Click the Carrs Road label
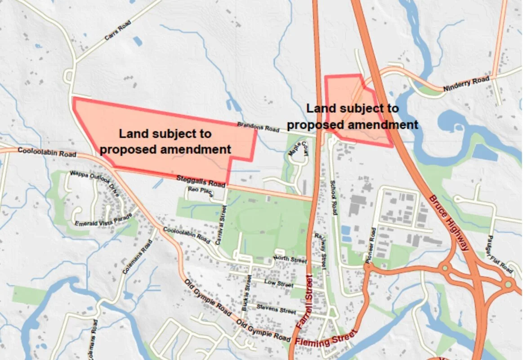(x=112, y=31)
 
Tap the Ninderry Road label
(x=465, y=84)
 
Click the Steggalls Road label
(x=200, y=181)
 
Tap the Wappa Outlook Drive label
(x=94, y=184)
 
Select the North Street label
(x=290, y=259)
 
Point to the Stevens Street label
(x=276, y=309)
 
